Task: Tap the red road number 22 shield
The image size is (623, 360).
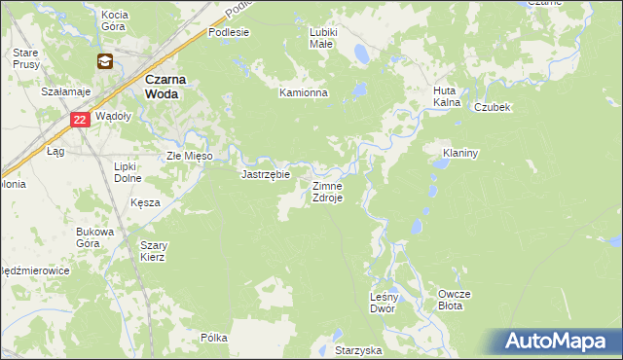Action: tap(81, 120)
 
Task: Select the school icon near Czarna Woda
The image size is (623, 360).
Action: tap(103, 62)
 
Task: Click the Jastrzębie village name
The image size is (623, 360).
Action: tap(266, 175)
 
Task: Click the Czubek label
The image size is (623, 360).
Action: tap(493, 108)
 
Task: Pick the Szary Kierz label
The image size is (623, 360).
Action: tap(153, 251)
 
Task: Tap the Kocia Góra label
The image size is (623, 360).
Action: tap(115, 20)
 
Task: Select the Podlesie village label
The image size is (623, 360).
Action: tap(229, 31)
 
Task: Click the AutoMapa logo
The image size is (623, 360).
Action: tap(560, 342)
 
